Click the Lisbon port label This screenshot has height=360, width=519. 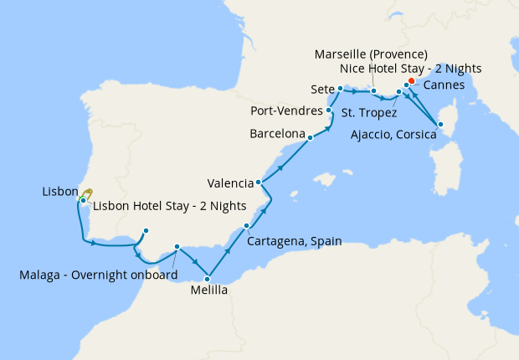(x=59, y=192)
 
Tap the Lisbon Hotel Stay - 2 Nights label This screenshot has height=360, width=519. (x=169, y=205)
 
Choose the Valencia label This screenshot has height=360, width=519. (x=230, y=183)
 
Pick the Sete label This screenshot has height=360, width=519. (x=322, y=88)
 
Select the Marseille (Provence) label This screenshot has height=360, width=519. (x=371, y=54)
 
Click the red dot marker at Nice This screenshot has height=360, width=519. (x=411, y=80)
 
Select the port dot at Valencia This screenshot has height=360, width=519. (x=259, y=183)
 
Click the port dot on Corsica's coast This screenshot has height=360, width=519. (x=440, y=125)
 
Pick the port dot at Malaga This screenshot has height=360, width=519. (x=177, y=247)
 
